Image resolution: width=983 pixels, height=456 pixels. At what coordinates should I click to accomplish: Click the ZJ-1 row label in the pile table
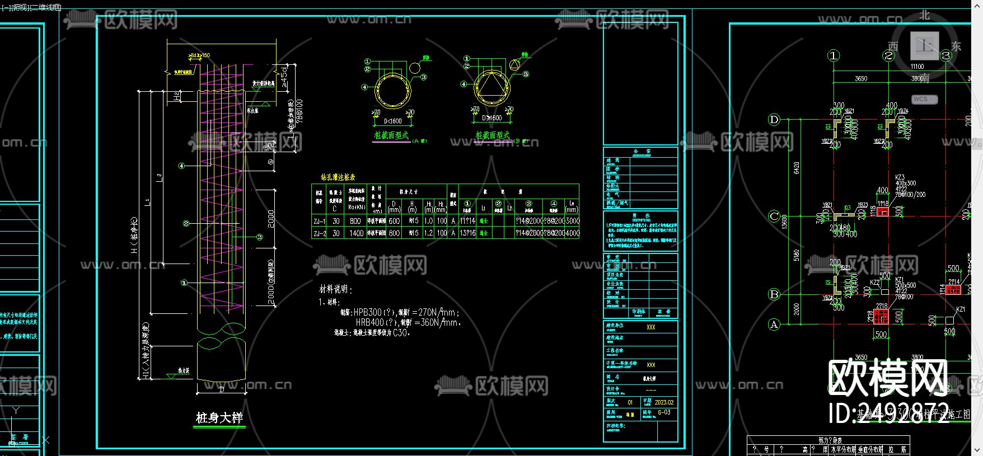tap(319, 221)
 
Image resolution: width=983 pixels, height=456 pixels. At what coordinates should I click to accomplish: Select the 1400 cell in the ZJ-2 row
tap(356, 233)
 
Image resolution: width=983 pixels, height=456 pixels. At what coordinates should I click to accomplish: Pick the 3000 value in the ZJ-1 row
tap(572, 221)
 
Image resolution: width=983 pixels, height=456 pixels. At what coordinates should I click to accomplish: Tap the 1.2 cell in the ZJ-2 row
tap(428, 233)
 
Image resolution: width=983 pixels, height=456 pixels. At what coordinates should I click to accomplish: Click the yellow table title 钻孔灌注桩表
tap(338, 177)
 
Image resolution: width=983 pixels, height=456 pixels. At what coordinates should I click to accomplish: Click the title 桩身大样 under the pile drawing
tap(219, 418)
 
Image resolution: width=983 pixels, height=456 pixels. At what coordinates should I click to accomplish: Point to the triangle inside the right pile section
tap(491, 87)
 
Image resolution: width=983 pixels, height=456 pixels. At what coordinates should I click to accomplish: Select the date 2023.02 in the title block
tap(664, 402)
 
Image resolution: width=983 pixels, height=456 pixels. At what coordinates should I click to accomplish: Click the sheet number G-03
tap(664, 412)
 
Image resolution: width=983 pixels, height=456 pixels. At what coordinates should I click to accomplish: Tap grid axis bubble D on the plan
tap(774, 119)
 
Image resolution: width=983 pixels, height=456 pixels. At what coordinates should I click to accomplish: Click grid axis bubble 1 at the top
tap(834, 55)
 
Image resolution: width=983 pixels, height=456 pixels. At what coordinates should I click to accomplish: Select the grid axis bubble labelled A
tap(774, 324)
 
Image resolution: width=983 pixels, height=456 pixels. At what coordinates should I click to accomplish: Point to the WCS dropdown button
tap(924, 99)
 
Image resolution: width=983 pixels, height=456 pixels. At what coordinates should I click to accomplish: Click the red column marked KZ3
tap(883, 212)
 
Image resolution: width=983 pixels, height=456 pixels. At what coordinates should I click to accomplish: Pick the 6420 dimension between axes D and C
tap(796, 167)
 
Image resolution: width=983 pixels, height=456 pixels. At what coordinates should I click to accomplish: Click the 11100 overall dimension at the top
tap(917, 67)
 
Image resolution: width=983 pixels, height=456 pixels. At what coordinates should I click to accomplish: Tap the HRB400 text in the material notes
tap(369, 323)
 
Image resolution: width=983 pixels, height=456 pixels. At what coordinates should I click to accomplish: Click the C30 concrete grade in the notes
tap(400, 332)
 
